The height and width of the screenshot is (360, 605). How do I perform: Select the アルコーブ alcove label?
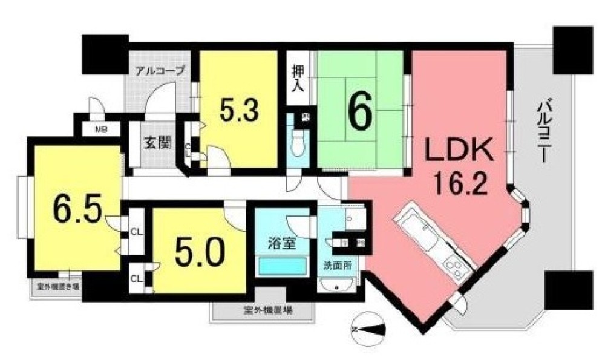tap(160, 70)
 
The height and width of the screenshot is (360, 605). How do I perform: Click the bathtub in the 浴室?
tap(282, 266)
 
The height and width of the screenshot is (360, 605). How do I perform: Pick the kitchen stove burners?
tap(453, 264)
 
